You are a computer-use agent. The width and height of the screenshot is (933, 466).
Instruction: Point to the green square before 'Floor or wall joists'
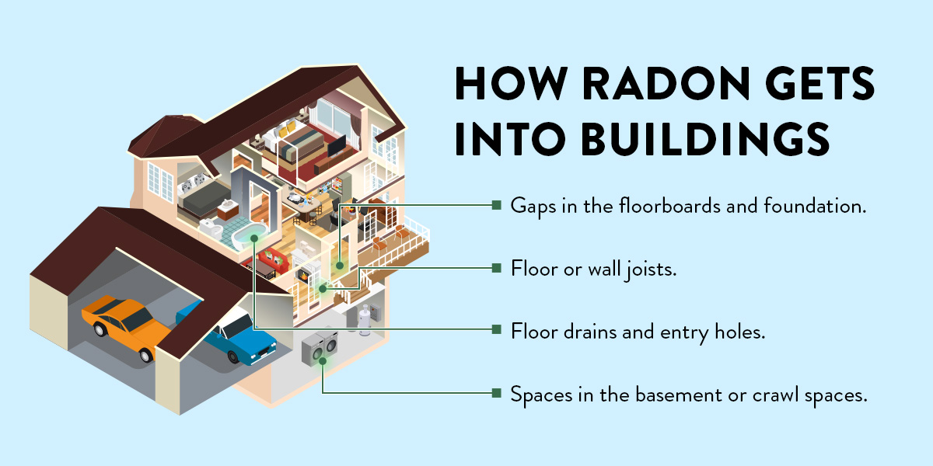pos(495,268)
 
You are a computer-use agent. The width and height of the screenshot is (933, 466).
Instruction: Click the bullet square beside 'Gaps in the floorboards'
pos(495,205)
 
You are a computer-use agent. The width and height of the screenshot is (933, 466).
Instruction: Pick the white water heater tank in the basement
pos(362,320)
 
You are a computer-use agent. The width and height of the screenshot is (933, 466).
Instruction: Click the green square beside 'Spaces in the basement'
pos(495,394)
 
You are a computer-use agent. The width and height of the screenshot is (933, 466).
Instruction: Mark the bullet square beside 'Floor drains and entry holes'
pos(495,330)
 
